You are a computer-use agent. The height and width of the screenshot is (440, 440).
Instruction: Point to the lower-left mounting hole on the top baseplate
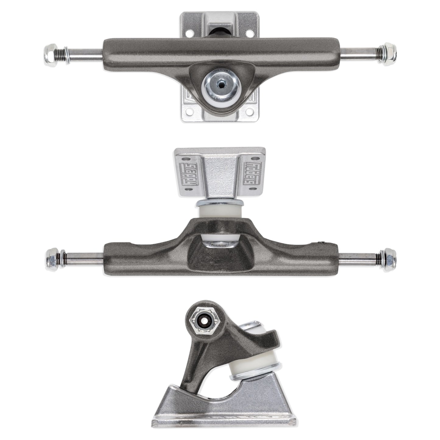[x=190, y=111]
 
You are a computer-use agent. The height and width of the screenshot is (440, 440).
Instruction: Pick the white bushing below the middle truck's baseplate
[x=220, y=211]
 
